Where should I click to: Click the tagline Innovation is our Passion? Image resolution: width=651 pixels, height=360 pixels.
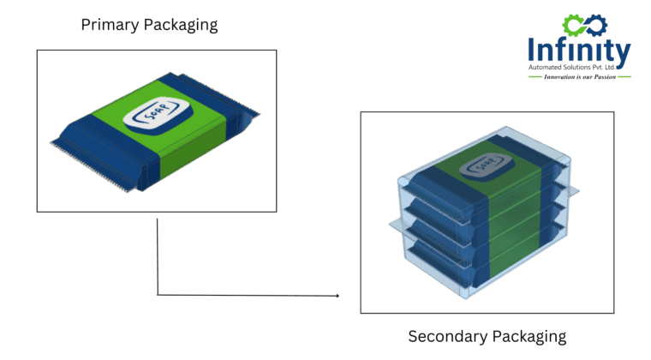coord(579,77)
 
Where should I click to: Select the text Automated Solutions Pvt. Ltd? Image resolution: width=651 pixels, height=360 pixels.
coord(579,68)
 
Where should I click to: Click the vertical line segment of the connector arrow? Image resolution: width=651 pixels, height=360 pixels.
coord(158,257)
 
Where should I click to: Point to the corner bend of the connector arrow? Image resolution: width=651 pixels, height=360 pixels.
coord(158,295)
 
